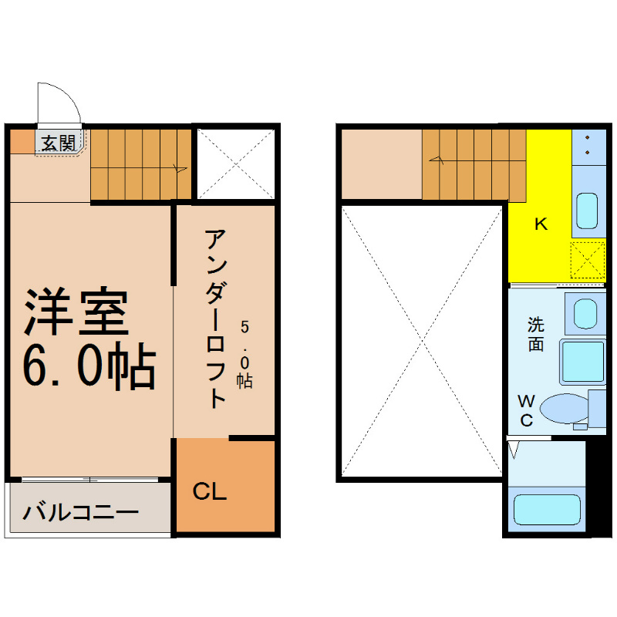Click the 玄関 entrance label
tap(59, 143)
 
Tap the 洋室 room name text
tap(76, 312)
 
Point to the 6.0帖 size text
tap(89, 366)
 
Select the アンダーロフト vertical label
tap(215, 319)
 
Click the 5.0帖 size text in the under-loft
tap(244, 355)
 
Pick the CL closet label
tap(210, 491)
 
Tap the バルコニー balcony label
tap(81, 513)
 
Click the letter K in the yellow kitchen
tap(541, 224)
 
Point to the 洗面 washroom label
tap(536, 334)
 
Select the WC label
tap(526, 411)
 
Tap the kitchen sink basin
tap(587, 211)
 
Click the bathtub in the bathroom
tap(547, 510)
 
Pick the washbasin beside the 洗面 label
tap(585, 314)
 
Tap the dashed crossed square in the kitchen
tap(588, 260)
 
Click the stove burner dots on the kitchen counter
tap(588, 145)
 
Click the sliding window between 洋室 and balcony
tap(90, 479)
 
